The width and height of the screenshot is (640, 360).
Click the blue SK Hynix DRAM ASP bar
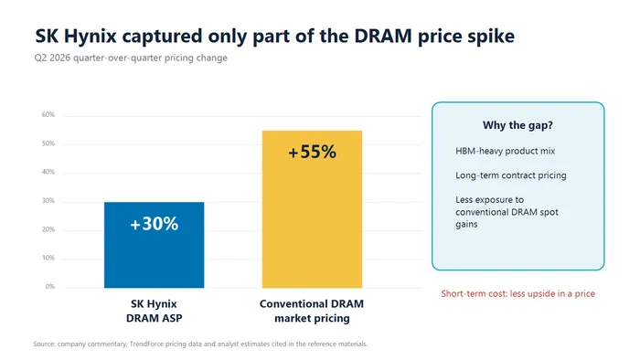pyautogui.click(x=154, y=245)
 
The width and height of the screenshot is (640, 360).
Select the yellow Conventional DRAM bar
pyautogui.click(x=312, y=209)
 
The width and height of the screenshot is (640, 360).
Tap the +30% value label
pyautogui.click(x=154, y=224)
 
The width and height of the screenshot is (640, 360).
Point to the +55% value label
pyautogui.click(x=313, y=152)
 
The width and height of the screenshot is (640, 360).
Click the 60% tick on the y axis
pyautogui.click(x=48, y=114)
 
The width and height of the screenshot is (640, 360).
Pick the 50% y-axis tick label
pyautogui.click(x=48, y=143)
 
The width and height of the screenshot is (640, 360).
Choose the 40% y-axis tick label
pyautogui.click(x=48, y=172)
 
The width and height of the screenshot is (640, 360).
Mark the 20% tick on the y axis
pyautogui.click(x=48, y=229)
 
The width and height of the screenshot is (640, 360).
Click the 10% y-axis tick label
pyautogui.click(x=48, y=258)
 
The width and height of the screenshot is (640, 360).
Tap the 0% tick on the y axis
pyautogui.click(x=49, y=287)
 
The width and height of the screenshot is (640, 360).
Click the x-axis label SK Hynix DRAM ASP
pyautogui.click(x=154, y=311)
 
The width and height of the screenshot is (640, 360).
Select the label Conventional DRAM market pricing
pyautogui.click(x=312, y=311)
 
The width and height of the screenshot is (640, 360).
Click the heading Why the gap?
pyautogui.click(x=517, y=125)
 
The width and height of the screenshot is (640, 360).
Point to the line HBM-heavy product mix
pyautogui.click(x=506, y=151)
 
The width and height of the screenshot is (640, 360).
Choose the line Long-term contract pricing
pyautogui.click(x=511, y=175)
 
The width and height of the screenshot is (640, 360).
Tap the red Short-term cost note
pyautogui.click(x=518, y=293)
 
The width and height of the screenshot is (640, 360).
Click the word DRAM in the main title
pyautogui.click(x=383, y=36)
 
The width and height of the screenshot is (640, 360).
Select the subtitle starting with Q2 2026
pyautogui.click(x=131, y=58)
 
